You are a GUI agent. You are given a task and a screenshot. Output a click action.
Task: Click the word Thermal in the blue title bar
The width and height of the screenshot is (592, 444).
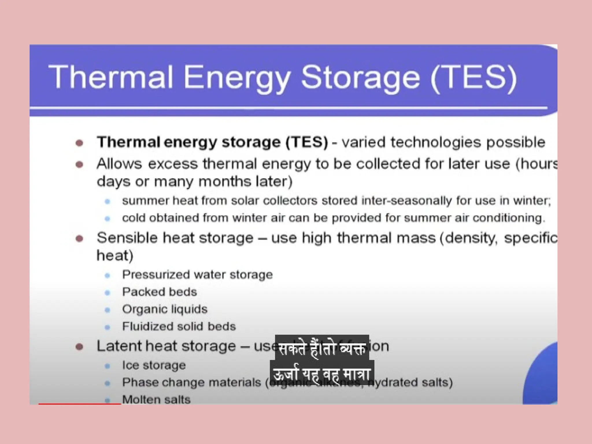pyautogui.click(x=111, y=77)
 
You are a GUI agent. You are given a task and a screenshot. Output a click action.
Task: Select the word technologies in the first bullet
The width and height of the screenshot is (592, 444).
pyautogui.click(x=436, y=142)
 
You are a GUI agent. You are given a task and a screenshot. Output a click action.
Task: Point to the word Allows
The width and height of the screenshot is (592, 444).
pyautogui.click(x=119, y=164)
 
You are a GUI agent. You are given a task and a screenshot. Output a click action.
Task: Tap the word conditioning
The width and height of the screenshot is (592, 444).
pyautogui.click(x=509, y=218)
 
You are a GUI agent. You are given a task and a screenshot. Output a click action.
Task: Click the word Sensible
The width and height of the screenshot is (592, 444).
pyautogui.click(x=127, y=238)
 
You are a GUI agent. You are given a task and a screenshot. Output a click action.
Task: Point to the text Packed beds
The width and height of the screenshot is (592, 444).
pyautogui.click(x=160, y=292)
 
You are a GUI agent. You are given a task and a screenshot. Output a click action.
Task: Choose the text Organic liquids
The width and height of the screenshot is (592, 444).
pyautogui.click(x=165, y=309)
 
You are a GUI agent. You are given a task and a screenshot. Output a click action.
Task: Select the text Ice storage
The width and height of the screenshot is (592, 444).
pyautogui.click(x=154, y=365)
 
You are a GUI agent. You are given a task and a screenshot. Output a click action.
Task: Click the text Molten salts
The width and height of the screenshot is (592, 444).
pyautogui.click(x=156, y=400)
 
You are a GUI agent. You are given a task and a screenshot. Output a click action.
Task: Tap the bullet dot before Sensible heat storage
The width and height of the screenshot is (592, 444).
pyautogui.click(x=79, y=239)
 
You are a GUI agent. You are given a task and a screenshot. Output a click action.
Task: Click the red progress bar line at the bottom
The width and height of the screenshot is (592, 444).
pyautogui.click(x=79, y=404)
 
